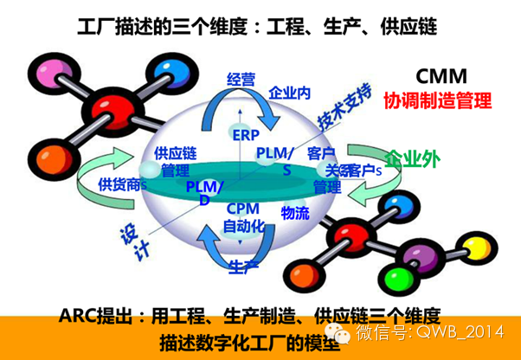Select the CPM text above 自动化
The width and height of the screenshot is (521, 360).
pos(241,209)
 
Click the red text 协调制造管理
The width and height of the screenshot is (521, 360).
pos(438,100)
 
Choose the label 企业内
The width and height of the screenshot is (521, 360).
pos(289,91)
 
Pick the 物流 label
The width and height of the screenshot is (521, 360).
pos(295,211)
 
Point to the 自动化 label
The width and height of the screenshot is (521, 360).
pos(241,227)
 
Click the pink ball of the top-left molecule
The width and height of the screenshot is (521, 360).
pos(44,72)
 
